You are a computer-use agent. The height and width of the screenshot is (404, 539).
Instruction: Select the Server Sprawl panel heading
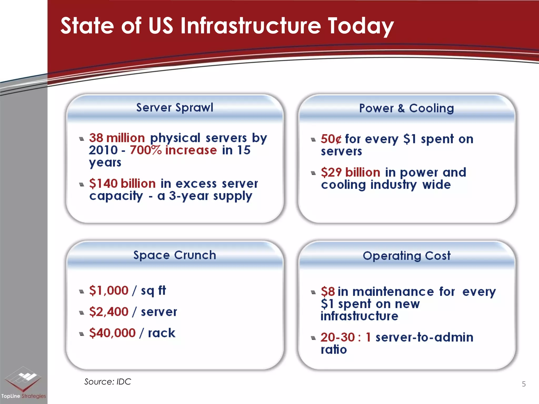pos(174,108)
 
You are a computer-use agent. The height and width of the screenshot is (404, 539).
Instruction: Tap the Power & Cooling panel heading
pos(406,108)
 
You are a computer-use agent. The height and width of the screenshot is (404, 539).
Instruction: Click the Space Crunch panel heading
pos(174,255)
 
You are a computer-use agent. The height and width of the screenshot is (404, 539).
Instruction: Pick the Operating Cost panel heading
pos(406,256)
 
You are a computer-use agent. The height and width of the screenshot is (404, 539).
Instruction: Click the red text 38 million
pos(117,138)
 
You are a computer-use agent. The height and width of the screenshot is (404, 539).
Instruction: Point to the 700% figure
pos(146,150)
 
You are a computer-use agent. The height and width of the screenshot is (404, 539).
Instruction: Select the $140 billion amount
pos(122,183)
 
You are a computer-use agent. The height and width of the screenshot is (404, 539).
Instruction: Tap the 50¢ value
pos(331,139)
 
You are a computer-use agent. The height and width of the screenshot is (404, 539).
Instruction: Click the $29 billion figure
pos(350,173)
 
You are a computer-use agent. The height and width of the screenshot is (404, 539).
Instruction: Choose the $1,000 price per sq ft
pos(109,290)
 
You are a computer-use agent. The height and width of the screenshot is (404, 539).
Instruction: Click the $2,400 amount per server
pos(109,312)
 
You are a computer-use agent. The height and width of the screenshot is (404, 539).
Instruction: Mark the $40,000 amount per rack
pos(112,333)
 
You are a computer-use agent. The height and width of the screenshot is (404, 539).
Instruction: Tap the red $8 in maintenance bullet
pos(328,292)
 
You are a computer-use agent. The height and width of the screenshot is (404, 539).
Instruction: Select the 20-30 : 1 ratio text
pos(346,337)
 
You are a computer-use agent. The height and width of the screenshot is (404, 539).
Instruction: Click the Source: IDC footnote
pos(107,382)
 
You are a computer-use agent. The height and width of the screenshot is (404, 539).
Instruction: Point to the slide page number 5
pos(523,384)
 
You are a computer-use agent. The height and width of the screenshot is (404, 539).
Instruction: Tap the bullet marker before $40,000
pos(82,334)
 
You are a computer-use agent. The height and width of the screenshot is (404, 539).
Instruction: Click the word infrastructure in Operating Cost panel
pos(359,316)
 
